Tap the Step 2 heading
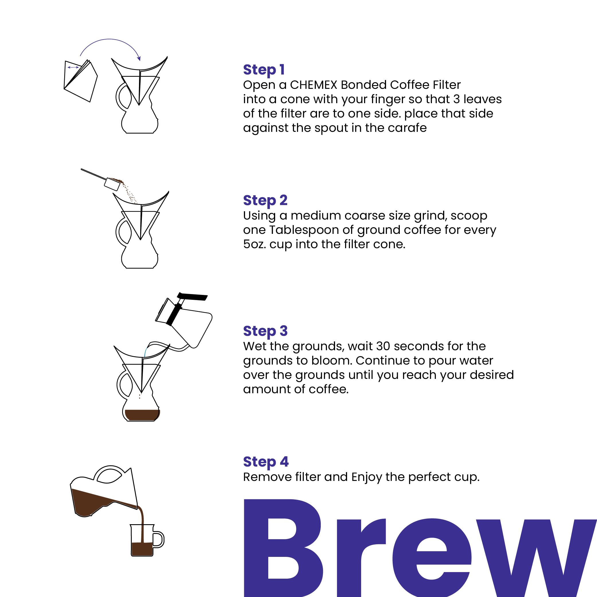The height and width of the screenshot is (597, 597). click(265, 201)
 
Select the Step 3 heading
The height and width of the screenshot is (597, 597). click(265, 331)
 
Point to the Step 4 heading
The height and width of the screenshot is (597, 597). click(265, 462)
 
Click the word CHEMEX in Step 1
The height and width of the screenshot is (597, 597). click(313, 85)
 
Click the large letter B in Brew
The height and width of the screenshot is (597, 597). click(283, 549)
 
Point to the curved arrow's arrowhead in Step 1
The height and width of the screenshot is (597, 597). click(139, 58)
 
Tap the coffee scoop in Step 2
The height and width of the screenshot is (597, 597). click(111, 185)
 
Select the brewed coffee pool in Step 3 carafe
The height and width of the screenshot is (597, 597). click(142, 415)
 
